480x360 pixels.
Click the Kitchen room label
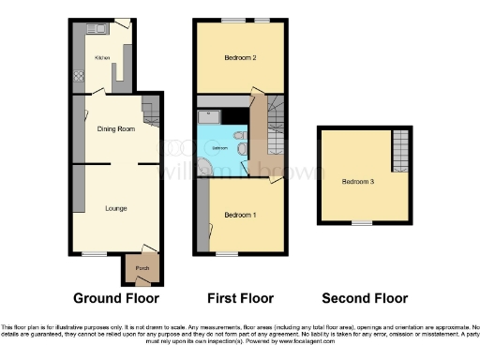tap(102, 57)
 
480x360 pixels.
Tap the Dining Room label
tap(112, 129)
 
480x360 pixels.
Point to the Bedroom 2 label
tap(240, 58)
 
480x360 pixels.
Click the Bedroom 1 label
tap(239, 215)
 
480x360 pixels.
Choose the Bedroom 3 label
tap(357, 181)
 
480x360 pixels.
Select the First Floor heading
tap(240, 299)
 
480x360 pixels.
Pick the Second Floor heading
tap(365, 299)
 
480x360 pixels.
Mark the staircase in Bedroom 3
tap(400, 150)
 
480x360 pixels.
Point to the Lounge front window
tap(93, 254)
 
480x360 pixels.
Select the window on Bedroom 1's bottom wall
tap(226, 254)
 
